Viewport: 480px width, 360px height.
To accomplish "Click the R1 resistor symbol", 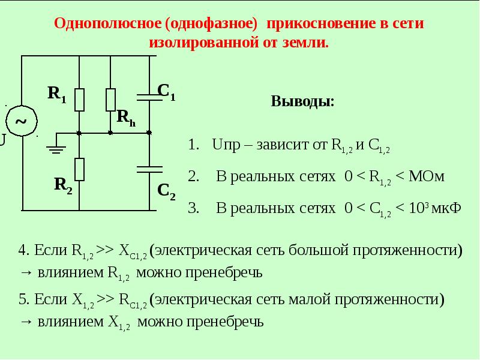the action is click(x=79, y=100).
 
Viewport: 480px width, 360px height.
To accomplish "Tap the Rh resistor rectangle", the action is click(x=110, y=100).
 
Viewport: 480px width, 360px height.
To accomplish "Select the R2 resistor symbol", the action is click(x=79, y=170).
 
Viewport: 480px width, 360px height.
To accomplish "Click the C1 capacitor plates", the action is click(x=149, y=97).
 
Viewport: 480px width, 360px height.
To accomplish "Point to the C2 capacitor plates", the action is click(x=149, y=170).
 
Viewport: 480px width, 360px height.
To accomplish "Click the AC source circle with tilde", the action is click(x=22, y=121).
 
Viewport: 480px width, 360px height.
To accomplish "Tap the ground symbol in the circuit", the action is click(x=56, y=149).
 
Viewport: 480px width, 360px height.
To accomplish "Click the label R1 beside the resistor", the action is click(x=57, y=94).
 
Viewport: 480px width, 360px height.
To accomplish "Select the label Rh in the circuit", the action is click(x=126, y=118).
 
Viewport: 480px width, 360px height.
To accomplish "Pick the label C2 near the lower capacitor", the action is click(x=166, y=191).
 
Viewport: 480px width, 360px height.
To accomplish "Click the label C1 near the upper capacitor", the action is click(x=166, y=92).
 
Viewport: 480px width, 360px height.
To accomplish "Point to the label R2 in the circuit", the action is click(x=63, y=185).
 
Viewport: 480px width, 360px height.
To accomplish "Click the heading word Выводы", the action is click(x=302, y=101).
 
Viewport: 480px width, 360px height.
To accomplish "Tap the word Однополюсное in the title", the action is click(x=108, y=23).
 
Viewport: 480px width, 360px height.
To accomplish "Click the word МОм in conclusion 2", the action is click(x=427, y=176).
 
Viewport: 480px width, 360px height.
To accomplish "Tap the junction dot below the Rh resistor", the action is click(x=110, y=133).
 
